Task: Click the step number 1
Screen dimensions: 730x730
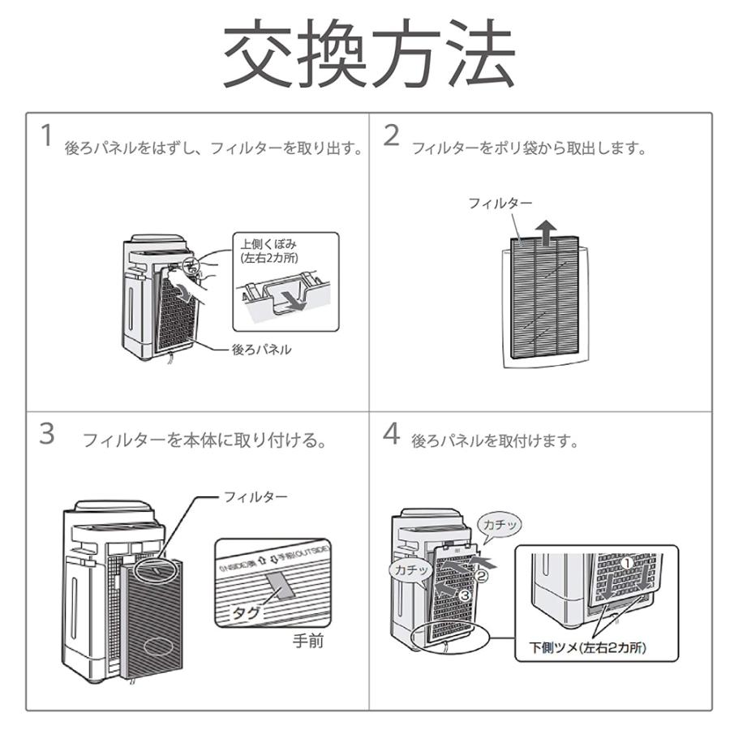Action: [x=48, y=135]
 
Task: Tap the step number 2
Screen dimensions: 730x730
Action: [x=392, y=135]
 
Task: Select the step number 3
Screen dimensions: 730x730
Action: [x=48, y=434]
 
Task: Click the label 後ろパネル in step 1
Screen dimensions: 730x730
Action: [x=261, y=350]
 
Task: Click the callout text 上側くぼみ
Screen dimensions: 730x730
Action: [x=265, y=243]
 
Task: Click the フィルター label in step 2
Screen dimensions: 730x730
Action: [x=500, y=203]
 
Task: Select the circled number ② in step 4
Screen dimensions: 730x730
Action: [x=482, y=578]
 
